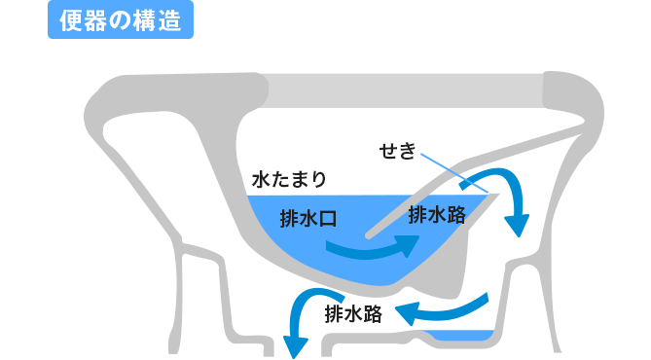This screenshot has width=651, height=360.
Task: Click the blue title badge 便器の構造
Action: coord(120,20)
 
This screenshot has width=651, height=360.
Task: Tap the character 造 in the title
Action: coord(171,20)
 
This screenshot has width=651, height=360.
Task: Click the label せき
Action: coord(397,152)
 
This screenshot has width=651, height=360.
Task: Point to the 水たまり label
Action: coord(288,180)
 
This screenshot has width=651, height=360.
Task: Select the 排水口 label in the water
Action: coord(307,219)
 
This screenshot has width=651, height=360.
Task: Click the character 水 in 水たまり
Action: coord(259,180)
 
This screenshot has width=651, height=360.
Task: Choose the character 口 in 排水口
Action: coord(327,219)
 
